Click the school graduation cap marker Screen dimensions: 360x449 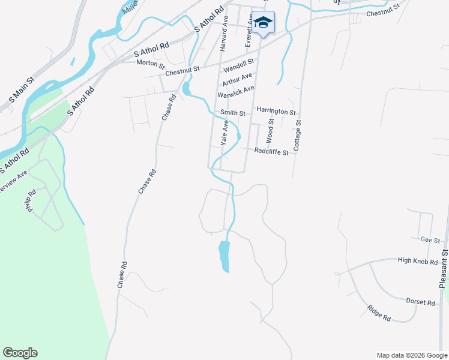[x=263, y=22]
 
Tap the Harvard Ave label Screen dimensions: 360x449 [x=224, y=37]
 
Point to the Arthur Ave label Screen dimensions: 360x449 [x=237, y=79]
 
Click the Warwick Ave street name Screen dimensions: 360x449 [x=236, y=92]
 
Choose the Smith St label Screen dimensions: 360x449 [x=233, y=113]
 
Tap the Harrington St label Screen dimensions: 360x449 [x=276, y=112]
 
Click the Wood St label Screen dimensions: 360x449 [x=271, y=130]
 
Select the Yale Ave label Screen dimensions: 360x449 [x=225, y=133]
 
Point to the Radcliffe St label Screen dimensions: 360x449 [x=271, y=152]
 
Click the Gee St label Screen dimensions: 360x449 [x=427, y=239]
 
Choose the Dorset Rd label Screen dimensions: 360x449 [x=420, y=302]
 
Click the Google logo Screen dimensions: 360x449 [x=20, y=353]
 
